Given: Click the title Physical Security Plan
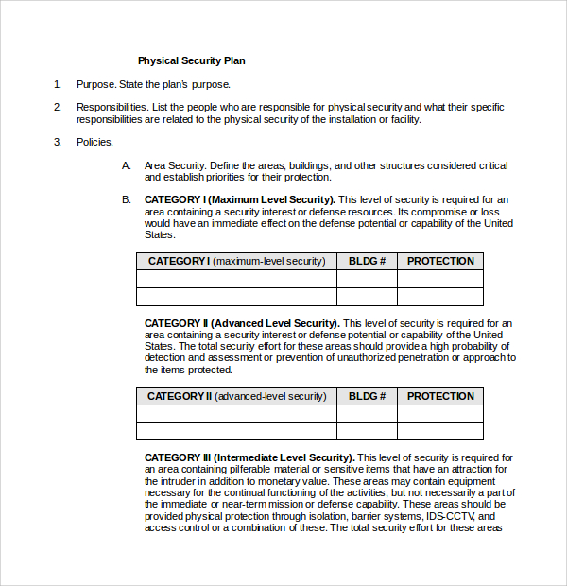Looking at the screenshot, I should point(191,60).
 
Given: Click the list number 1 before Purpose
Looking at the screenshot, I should point(57,84).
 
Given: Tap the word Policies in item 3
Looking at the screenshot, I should point(94,142).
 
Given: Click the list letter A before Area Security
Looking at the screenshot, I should point(126,165).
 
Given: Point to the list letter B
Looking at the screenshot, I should point(126,199).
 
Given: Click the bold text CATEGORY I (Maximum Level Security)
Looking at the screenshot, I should point(239,199).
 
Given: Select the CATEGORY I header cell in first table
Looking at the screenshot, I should point(236,261).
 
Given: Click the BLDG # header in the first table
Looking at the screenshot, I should point(367,261).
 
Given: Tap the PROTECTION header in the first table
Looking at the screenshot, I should point(440,261).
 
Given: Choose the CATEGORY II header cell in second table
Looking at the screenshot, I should point(236,396).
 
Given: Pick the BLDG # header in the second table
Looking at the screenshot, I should point(367,396).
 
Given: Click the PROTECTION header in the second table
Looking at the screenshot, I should point(440,396).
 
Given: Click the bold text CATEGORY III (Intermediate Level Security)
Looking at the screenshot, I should point(249,457).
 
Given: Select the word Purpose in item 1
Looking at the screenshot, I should point(95,84).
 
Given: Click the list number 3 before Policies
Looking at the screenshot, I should point(57,142).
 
